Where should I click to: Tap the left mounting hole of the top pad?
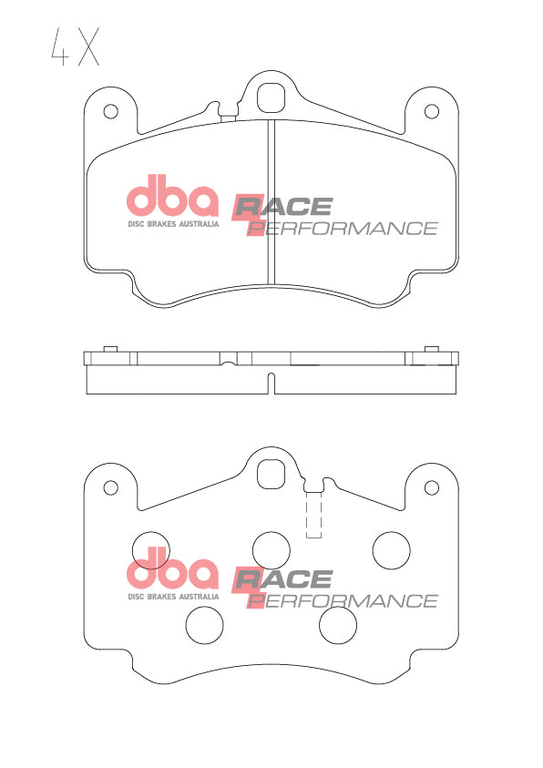111,112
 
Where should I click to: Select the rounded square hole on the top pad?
271,96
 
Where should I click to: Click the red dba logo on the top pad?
171,198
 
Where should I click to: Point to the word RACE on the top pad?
284,207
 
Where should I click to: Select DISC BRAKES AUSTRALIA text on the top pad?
172,222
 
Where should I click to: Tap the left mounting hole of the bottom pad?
111,486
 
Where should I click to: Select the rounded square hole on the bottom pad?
271,472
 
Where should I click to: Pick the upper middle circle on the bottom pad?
271,549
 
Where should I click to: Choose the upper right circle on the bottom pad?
392,549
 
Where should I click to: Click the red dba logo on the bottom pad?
171,572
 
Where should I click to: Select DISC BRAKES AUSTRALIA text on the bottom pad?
172,597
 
